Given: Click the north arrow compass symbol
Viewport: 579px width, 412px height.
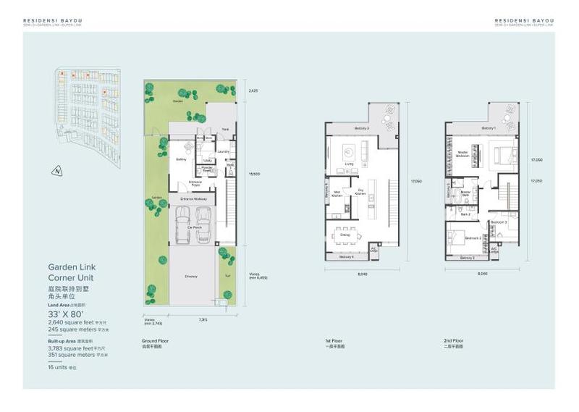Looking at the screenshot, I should (56, 172).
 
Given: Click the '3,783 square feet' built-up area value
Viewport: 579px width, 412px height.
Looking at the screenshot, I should (75, 348).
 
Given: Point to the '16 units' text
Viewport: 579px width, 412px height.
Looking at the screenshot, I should (61, 369).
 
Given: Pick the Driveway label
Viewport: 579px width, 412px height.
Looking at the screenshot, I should (192, 276).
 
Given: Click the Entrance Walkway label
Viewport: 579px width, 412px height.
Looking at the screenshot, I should (191, 198).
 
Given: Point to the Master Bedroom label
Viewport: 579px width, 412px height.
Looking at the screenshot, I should (464, 154).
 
